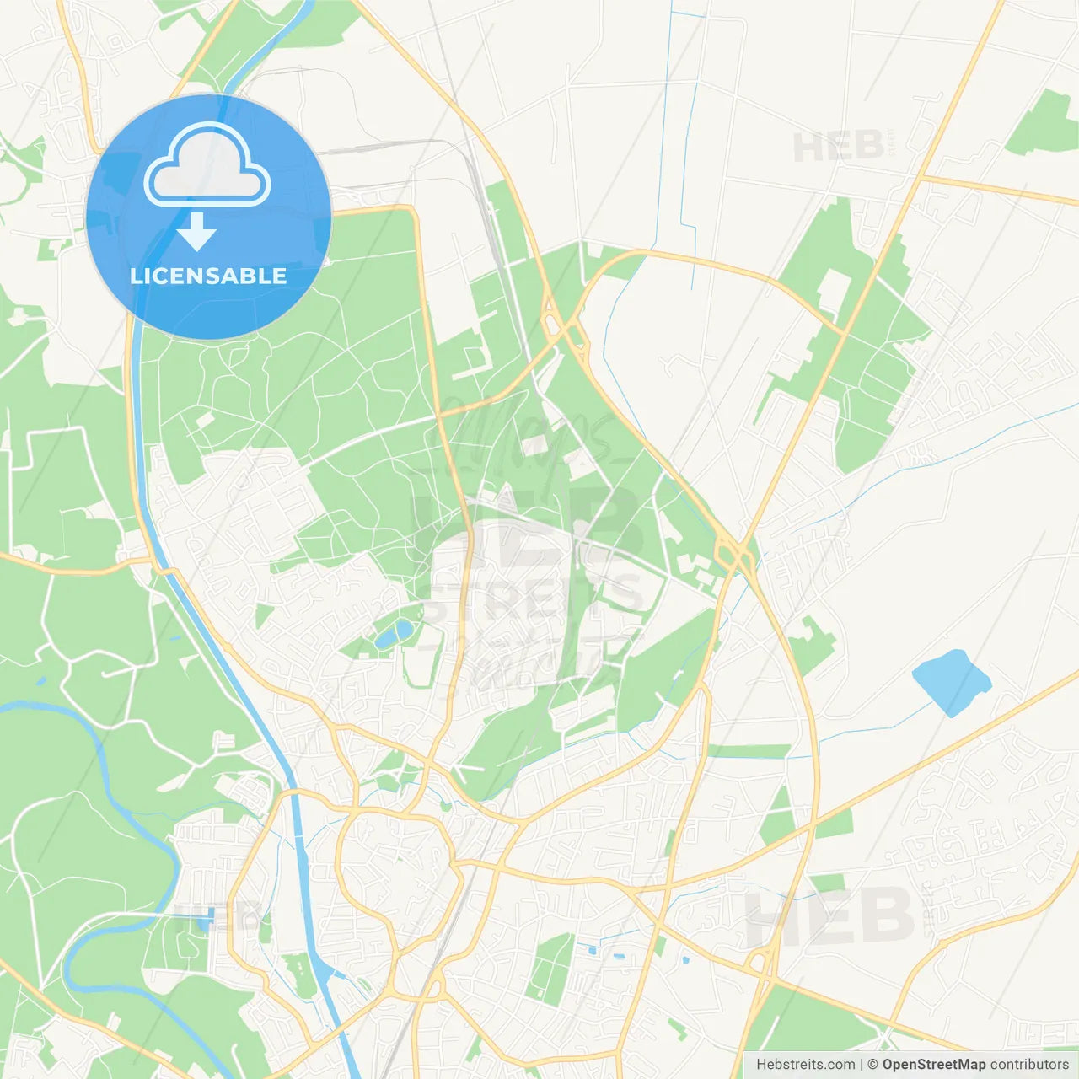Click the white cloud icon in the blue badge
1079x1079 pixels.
pyautogui.click(x=207, y=165)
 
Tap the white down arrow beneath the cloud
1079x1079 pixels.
pyautogui.click(x=197, y=232)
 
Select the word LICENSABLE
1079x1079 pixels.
pyautogui.click(x=208, y=276)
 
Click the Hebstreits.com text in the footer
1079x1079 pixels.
pyautogui.click(x=805, y=1065)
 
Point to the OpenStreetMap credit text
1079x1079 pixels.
pyautogui.click(x=933, y=1065)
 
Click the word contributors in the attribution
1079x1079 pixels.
pyautogui.click(x=1029, y=1065)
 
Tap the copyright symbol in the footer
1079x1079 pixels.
pyautogui.click(x=872, y=1065)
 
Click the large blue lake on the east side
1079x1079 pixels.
pyautogui.click(x=951, y=682)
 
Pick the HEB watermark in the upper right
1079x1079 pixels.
pyautogui.click(x=839, y=148)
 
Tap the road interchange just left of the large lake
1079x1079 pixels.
pyautogui.click(x=735, y=552)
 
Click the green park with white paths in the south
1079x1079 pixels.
pyautogui.click(x=552, y=965)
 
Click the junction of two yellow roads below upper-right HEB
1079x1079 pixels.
pyautogui.click(x=922, y=178)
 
